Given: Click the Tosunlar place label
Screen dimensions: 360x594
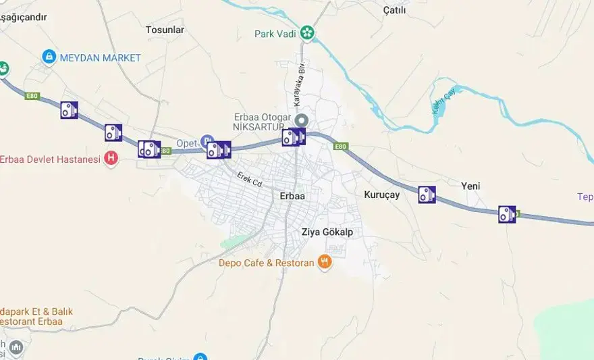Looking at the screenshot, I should (x=165, y=30).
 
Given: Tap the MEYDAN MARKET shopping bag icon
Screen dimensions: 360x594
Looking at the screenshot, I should (x=49, y=57).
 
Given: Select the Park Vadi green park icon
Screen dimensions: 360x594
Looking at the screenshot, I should (x=307, y=33).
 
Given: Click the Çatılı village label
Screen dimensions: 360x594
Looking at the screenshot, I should (x=394, y=9).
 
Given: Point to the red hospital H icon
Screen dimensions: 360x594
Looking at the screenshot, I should (x=111, y=159).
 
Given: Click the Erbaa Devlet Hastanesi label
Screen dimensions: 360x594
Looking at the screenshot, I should (x=50, y=159).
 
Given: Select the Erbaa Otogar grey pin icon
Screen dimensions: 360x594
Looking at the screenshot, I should (x=301, y=120).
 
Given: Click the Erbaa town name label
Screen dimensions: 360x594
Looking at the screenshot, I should (x=292, y=196).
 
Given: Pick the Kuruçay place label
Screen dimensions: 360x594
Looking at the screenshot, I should (x=382, y=195).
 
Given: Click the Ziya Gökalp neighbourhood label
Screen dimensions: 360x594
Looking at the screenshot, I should (x=327, y=232).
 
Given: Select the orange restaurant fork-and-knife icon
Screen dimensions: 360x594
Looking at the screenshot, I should (x=325, y=262).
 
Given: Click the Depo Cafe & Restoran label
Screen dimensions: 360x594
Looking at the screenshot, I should (x=267, y=263).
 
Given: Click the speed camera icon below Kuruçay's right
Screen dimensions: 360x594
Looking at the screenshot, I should (x=427, y=195).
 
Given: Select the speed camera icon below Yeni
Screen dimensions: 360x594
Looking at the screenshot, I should (x=506, y=214).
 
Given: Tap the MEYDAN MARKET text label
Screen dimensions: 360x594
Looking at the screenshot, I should (x=100, y=58).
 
